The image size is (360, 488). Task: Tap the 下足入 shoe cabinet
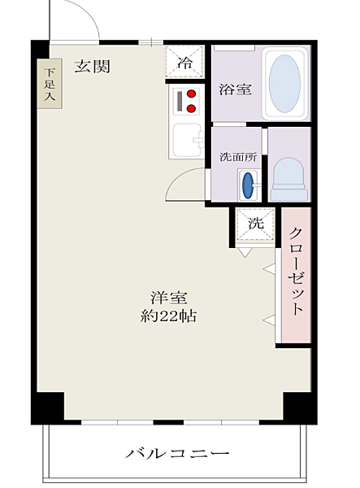coord(48,84)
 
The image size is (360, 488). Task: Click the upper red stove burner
coord(192,94)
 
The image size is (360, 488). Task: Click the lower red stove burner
coord(192,107)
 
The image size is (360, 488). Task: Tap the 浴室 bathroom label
coord(234,89)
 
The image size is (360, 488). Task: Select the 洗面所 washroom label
coord(238,157)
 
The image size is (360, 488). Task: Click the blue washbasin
coord(247,185)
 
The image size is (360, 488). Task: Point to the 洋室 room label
coord(168,297)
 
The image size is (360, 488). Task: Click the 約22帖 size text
coord(168,315)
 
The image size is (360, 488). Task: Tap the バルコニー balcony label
coord(177,453)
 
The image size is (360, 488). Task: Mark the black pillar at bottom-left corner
coord(48,406)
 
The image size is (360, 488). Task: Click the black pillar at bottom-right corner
coord(298,406)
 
